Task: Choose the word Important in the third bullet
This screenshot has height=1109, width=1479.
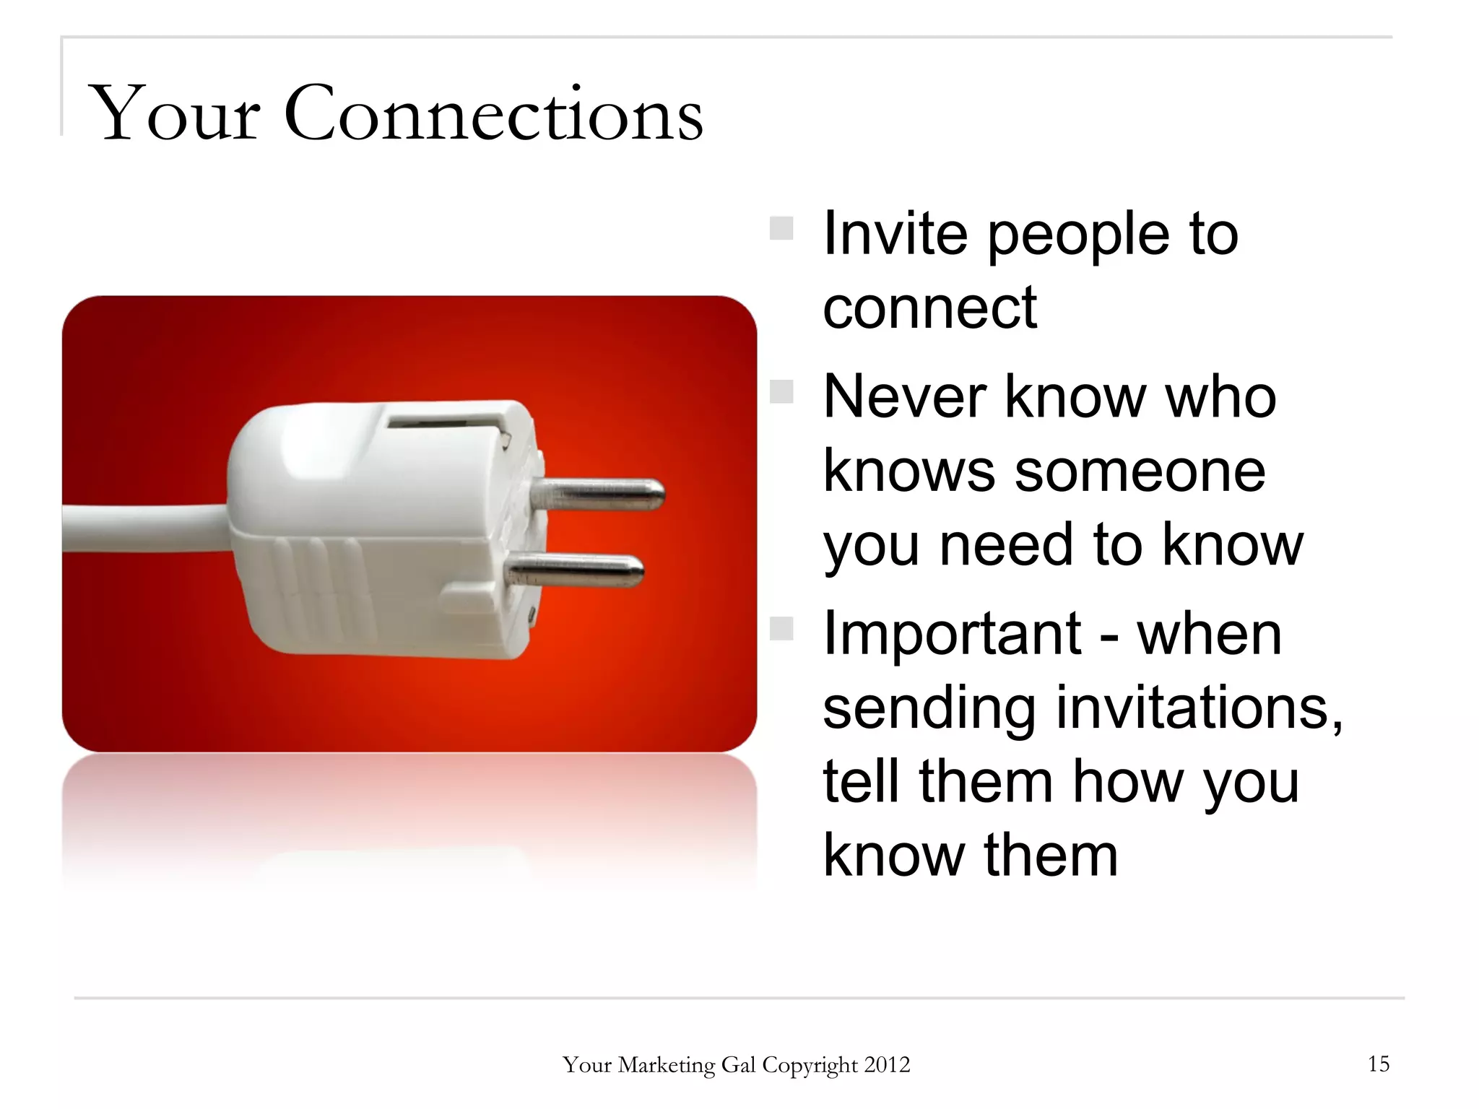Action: [951, 633]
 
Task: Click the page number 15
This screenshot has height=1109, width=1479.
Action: [1378, 1064]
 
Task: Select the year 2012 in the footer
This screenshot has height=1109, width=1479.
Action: [887, 1065]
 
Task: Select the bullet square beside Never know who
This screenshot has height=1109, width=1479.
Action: [781, 392]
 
